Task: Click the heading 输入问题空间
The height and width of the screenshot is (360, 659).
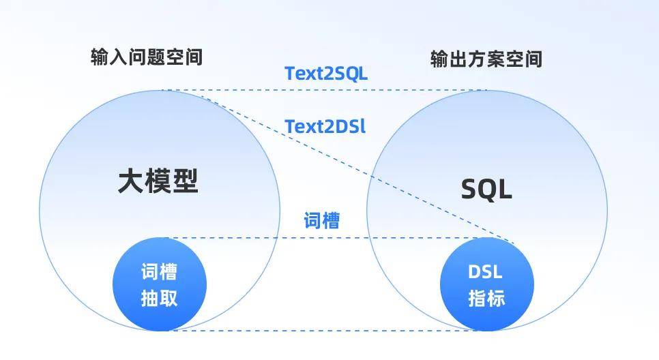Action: (x=147, y=57)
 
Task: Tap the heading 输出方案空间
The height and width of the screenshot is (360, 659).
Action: (x=486, y=59)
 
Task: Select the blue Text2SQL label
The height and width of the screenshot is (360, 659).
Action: (x=326, y=74)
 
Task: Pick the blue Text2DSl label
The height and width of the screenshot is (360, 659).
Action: (x=325, y=126)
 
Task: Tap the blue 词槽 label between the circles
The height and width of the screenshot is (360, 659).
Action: (x=322, y=221)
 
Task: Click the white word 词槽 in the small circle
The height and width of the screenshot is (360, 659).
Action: (x=159, y=272)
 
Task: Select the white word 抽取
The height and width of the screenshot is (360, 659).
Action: (x=159, y=298)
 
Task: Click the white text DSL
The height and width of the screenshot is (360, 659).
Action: (x=485, y=272)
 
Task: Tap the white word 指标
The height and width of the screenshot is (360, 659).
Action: (x=486, y=298)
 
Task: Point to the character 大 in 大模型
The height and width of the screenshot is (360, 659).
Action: (x=131, y=181)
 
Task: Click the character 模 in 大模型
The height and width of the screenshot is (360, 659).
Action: (x=158, y=181)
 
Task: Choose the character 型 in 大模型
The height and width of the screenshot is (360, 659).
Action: (x=185, y=181)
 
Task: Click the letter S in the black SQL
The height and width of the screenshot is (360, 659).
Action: (x=469, y=189)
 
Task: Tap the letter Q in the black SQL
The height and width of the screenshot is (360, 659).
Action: (x=486, y=189)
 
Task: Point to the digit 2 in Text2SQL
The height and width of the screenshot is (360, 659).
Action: (x=325, y=74)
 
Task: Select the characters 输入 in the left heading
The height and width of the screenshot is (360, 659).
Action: (x=105, y=57)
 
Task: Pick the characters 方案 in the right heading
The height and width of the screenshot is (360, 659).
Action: (x=486, y=59)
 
